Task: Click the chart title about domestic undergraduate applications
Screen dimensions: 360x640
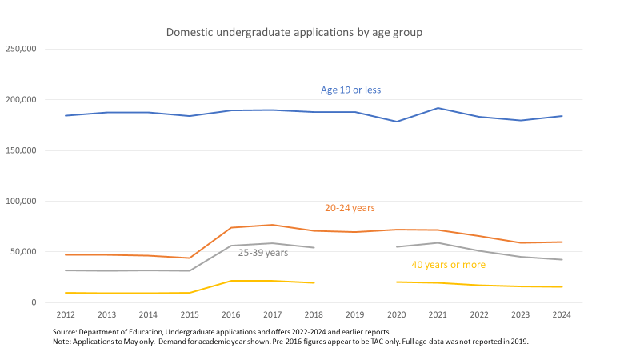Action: pyautogui.click(x=294, y=33)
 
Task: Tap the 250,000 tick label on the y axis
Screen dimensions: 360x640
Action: pyautogui.click(x=21, y=49)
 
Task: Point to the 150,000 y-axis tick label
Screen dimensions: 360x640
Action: pyautogui.click(x=21, y=150)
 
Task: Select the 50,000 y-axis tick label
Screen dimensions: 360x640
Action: pyautogui.click(x=23, y=252)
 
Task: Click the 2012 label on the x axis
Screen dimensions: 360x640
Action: pyautogui.click(x=66, y=315)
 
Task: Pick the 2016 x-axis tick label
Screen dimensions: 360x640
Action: pyautogui.click(x=231, y=315)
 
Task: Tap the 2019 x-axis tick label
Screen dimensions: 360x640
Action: pyautogui.click(x=355, y=315)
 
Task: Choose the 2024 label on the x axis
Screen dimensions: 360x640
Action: pyautogui.click(x=562, y=315)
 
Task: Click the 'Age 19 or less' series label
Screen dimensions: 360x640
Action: pyautogui.click(x=351, y=90)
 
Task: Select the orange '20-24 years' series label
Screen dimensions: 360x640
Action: pyautogui.click(x=350, y=208)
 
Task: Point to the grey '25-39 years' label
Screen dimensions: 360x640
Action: pyautogui.click(x=263, y=253)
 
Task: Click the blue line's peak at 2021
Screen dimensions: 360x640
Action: pyautogui.click(x=438, y=108)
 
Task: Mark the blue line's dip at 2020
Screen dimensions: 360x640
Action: pyautogui.click(x=397, y=122)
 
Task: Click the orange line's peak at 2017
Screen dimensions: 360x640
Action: pyautogui.click(x=273, y=225)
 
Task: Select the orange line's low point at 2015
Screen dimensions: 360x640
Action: pyautogui.click(x=190, y=258)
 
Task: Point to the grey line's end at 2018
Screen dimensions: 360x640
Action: pyautogui.click(x=314, y=247)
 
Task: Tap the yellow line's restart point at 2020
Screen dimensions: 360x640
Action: pyautogui.click(x=397, y=282)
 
